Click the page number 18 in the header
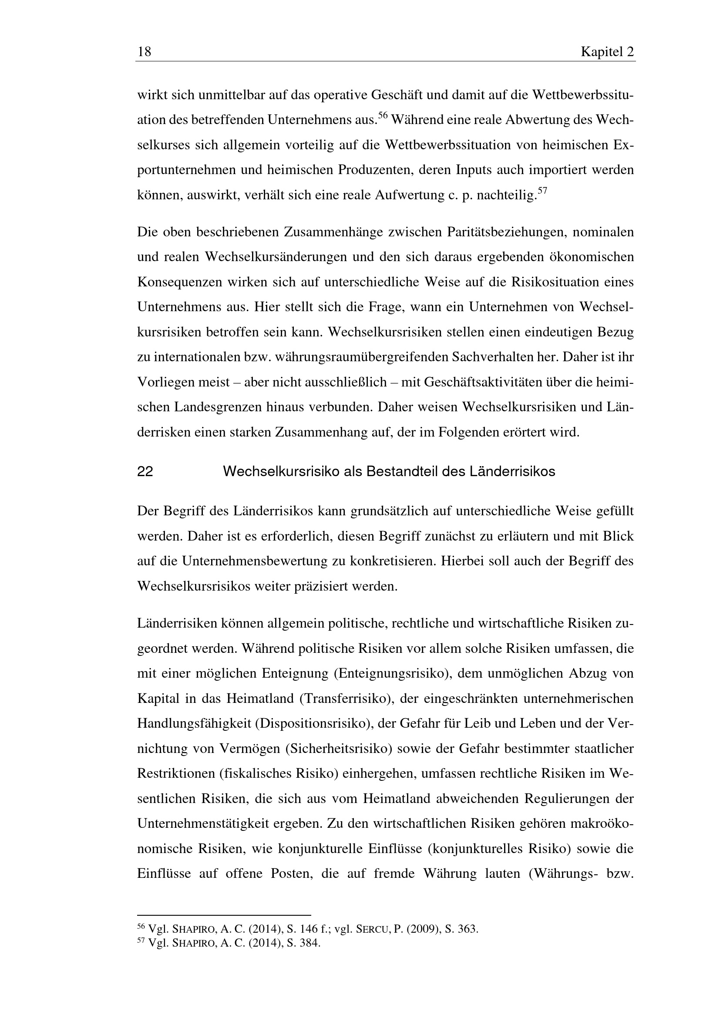145,52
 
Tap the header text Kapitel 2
607,52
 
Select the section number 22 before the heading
145,472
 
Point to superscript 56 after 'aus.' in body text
383,116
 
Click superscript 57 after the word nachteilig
542,191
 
